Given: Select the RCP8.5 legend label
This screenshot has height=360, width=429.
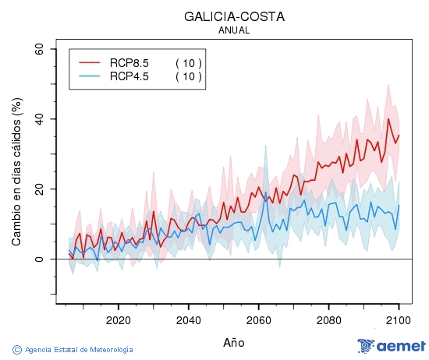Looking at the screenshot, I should coord(129,62).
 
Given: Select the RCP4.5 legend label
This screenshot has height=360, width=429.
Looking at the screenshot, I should coord(129,76).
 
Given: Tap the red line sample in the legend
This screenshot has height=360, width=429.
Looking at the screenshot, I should coord(90,62).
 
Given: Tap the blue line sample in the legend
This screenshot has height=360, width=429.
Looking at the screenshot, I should coord(90,76).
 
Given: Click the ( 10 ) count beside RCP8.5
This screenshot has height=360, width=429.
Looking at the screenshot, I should coord(188,62).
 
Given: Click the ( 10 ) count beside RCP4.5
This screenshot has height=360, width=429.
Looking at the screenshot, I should coord(188,76).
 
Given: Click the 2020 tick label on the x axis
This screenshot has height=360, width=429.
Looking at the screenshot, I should coord(118,320).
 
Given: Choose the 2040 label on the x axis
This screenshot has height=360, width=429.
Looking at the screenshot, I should coord(188,320).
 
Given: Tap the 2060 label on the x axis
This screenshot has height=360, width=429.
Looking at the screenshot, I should coord(258,320).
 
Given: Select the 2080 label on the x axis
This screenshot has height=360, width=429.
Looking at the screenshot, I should coord(328,320).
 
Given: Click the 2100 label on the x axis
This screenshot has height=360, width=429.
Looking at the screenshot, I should coord(398,320).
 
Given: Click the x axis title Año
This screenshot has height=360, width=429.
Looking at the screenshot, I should coord(233,342).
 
